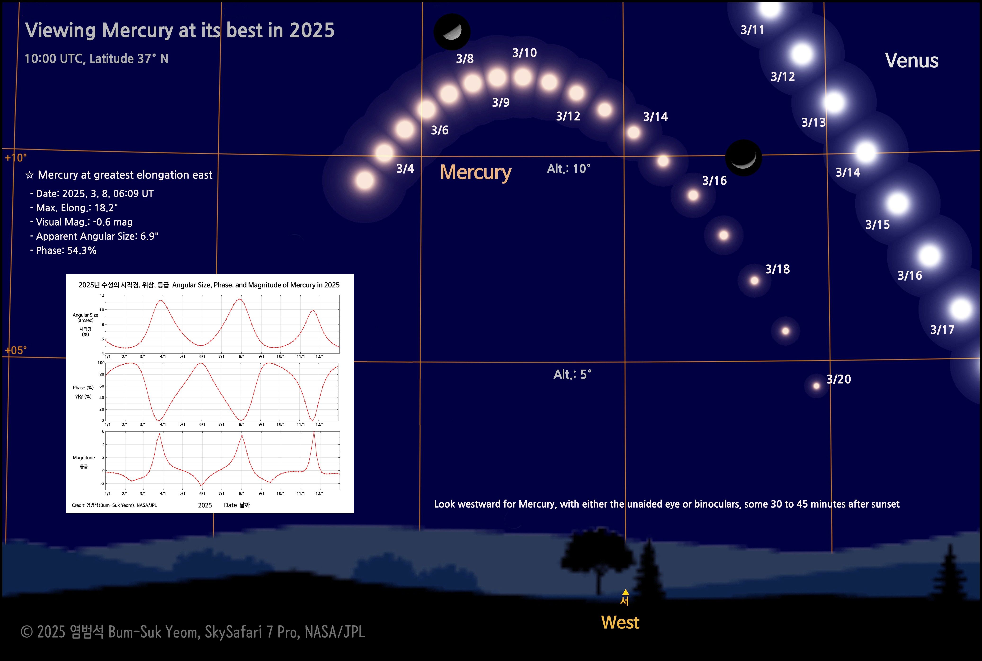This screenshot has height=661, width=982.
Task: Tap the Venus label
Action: [x=912, y=60]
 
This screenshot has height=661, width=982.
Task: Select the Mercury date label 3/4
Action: [x=405, y=169]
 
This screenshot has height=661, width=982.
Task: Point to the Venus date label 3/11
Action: [x=752, y=30]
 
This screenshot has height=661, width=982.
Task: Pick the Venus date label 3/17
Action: [x=942, y=330]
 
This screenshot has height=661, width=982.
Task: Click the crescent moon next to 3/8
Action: [x=452, y=32]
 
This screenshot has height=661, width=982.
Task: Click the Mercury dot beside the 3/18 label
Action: [x=754, y=280]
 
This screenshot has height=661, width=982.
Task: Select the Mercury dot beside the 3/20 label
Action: [x=816, y=386]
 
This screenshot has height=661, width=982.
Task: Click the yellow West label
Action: [x=620, y=622]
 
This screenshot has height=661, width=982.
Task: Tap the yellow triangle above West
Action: [x=625, y=592]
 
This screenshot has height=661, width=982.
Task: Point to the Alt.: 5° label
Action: [x=572, y=374]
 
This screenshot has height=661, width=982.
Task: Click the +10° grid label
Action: [x=16, y=158]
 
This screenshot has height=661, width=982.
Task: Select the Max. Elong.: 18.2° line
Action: [x=74, y=208]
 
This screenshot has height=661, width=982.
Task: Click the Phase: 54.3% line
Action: [x=63, y=250]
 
